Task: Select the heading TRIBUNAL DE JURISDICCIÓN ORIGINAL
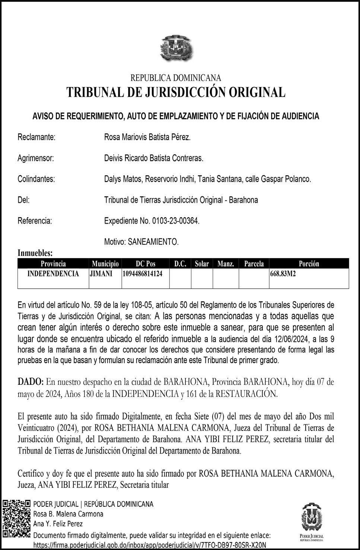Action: tap(176, 92)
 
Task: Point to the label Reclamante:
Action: tap(36, 137)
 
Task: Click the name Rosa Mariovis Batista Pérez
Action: tap(147, 137)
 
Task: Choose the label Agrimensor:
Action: tap(36, 158)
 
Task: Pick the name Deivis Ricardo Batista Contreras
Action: tap(154, 158)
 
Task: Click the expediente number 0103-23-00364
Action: tap(175, 221)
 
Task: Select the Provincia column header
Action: tap(53, 264)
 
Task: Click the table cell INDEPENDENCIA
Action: tap(53, 274)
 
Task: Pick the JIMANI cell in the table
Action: tap(101, 274)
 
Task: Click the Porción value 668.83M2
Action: tap(283, 274)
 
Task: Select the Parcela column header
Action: tap(254, 264)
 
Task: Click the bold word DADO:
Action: tap(31, 382)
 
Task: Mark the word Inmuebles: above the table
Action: tap(35, 253)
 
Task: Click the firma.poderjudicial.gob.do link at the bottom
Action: tap(150, 545)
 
